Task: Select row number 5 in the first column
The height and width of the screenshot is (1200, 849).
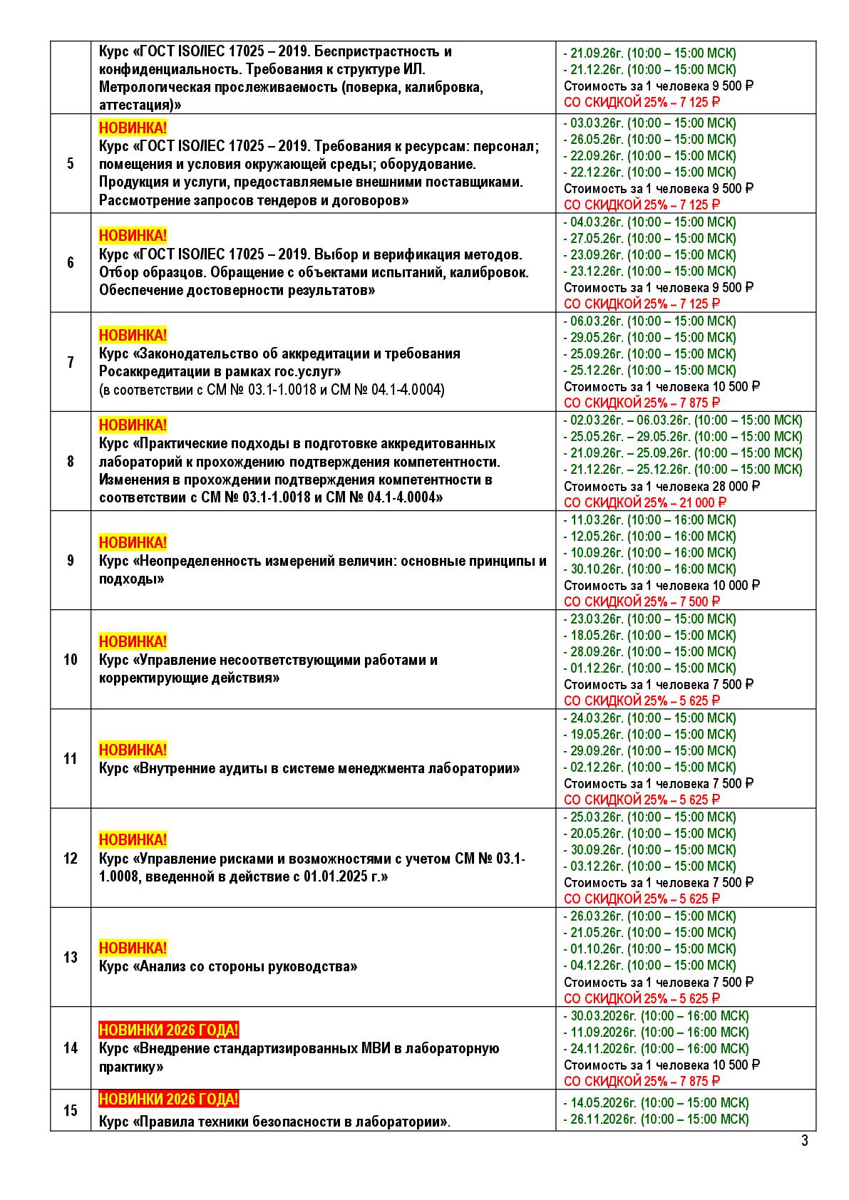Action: pyautogui.click(x=70, y=164)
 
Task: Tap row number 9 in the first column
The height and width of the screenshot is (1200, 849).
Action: pyautogui.click(x=70, y=560)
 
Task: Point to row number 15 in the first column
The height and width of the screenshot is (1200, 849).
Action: pyautogui.click(x=70, y=1110)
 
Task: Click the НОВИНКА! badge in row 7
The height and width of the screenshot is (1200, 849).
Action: pyautogui.click(x=133, y=335)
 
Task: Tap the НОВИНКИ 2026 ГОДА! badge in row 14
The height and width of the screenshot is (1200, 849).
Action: pyautogui.click(x=168, y=1030)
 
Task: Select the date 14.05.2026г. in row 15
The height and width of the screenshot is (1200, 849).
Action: pyautogui.click(x=602, y=1102)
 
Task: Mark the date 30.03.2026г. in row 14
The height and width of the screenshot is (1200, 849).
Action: pyautogui.click(x=602, y=1015)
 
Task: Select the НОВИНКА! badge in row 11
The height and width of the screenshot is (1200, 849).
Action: pyautogui.click(x=133, y=750)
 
